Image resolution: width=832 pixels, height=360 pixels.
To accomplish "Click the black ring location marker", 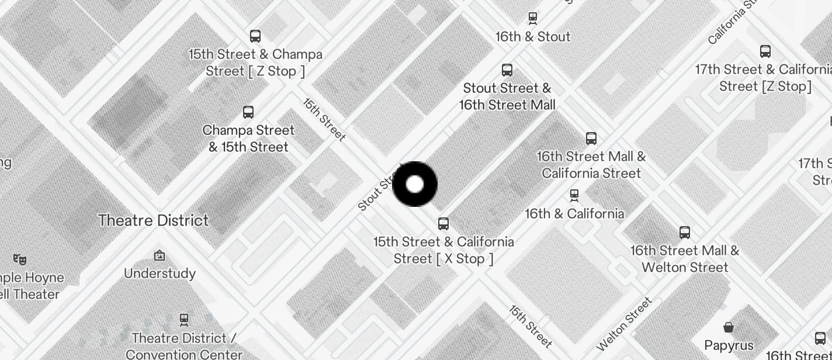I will pyautogui.click(x=415, y=184).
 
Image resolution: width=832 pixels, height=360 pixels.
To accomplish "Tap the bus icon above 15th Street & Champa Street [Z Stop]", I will pyautogui.click(x=255, y=36).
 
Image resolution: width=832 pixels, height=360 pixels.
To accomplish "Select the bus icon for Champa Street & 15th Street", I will pyautogui.click(x=248, y=112).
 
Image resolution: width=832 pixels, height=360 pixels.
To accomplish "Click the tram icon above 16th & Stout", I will pyautogui.click(x=533, y=18).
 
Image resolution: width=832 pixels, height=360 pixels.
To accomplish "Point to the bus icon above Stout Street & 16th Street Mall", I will pyautogui.click(x=507, y=70).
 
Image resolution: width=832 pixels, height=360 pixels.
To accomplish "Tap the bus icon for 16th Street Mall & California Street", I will pyautogui.click(x=591, y=139).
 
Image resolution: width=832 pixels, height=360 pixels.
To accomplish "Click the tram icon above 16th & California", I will pyautogui.click(x=574, y=195).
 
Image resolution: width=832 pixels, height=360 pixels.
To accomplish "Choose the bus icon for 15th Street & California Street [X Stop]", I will pyautogui.click(x=443, y=224).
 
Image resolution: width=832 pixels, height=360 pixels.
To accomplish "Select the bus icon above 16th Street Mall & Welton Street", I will pyautogui.click(x=685, y=233).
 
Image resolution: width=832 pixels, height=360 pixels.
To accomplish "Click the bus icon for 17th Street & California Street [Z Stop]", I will pyautogui.click(x=765, y=51).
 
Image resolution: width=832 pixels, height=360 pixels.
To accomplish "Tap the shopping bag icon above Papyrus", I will pyautogui.click(x=729, y=327).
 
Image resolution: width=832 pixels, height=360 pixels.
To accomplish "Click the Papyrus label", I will pyautogui.click(x=729, y=345).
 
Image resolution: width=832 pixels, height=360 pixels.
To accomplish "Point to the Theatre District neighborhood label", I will pyautogui.click(x=153, y=220).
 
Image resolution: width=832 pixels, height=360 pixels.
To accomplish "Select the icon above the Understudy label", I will pyautogui.click(x=160, y=255).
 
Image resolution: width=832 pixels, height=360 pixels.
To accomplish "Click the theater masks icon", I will pyautogui.click(x=20, y=259).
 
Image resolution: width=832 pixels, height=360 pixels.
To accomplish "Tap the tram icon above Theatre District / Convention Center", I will pyautogui.click(x=184, y=320).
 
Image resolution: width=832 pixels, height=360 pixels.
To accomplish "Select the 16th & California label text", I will pyautogui.click(x=574, y=214).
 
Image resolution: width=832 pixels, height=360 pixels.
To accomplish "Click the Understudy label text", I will pyautogui.click(x=160, y=274).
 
